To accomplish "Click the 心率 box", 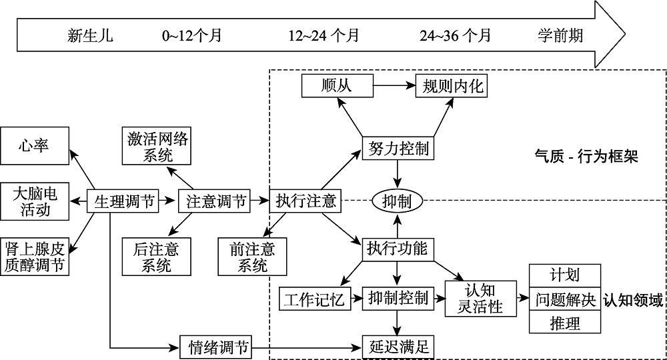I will [33, 145].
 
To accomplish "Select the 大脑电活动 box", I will [35, 201].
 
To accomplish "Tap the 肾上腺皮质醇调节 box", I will [35, 256].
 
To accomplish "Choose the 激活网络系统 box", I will [157, 147].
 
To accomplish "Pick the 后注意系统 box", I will [156, 257].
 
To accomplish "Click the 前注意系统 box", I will [252, 257].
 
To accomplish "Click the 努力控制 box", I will [398, 148].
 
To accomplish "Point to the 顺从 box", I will [336, 85].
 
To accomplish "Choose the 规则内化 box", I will [452, 85].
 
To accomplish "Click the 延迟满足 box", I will [398, 346].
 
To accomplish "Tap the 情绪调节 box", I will [216, 346].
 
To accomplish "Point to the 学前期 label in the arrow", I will [560, 35].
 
